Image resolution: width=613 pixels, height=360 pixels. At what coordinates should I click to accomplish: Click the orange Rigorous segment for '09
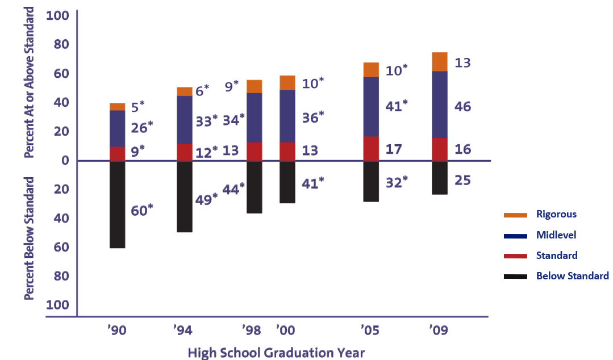pyautogui.click(x=440, y=62)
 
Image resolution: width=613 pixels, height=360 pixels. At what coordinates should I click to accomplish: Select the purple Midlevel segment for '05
pyautogui.click(x=371, y=107)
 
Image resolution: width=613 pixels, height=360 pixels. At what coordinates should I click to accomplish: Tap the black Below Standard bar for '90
pyautogui.click(x=117, y=204)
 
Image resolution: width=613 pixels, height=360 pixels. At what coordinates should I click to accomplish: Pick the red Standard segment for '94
pyautogui.click(x=184, y=152)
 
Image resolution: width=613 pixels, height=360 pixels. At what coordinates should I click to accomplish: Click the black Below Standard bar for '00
pyautogui.click(x=287, y=182)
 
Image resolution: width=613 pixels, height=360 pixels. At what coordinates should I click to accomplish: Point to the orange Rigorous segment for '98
pyautogui.click(x=254, y=86)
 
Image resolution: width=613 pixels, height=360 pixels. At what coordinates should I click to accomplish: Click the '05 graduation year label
pyautogui.click(x=370, y=330)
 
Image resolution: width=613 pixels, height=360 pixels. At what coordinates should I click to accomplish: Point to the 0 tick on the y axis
pyautogui.click(x=65, y=161)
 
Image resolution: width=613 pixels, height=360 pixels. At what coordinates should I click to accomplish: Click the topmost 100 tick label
pyautogui.click(x=57, y=15)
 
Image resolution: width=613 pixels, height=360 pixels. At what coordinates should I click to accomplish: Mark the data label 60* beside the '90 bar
pyautogui.click(x=143, y=210)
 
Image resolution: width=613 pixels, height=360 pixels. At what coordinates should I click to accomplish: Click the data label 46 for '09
pyautogui.click(x=463, y=107)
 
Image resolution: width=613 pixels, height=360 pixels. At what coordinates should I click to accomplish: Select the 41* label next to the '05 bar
pyautogui.click(x=397, y=106)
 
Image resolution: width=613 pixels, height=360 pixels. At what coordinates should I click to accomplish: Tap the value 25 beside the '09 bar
pyautogui.click(x=462, y=181)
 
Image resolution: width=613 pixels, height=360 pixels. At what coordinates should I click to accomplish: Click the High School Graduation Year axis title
pyautogui.click(x=276, y=352)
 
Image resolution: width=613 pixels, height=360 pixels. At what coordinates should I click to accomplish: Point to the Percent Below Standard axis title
pyautogui.click(x=30, y=238)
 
